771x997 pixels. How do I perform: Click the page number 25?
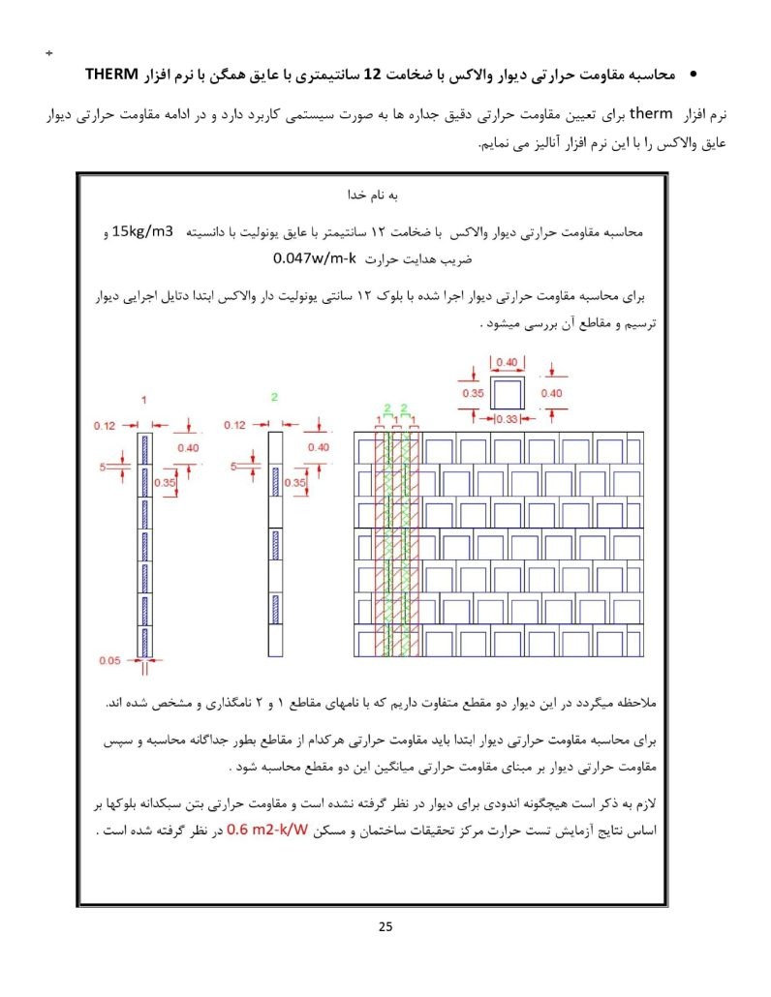pyautogui.click(x=385, y=927)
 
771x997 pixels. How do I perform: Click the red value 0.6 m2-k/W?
pyautogui.click(x=266, y=830)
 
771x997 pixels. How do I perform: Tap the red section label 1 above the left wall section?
pyautogui.click(x=143, y=399)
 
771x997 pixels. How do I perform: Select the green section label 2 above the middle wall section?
pyautogui.click(x=274, y=398)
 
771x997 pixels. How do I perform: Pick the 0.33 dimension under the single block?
pyautogui.click(x=506, y=418)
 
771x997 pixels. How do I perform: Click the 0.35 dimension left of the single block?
pyautogui.click(x=473, y=394)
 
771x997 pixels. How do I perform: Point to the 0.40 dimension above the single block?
pyautogui.click(x=506, y=362)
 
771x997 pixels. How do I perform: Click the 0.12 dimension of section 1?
pyautogui.click(x=105, y=425)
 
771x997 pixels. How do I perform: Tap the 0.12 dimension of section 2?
pyautogui.click(x=234, y=425)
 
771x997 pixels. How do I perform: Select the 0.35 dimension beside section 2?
pyautogui.click(x=295, y=481)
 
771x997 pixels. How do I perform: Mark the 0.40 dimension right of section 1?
pyautogui.click(x=188, y=447)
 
